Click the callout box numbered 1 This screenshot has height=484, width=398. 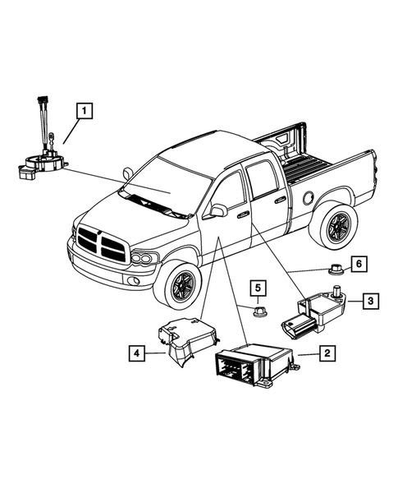(83, 108)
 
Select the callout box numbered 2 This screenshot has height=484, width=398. (327, 353)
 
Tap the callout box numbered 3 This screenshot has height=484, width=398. (371, 302)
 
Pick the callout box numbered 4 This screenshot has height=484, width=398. (138, 354)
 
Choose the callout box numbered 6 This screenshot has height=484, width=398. (358, 264)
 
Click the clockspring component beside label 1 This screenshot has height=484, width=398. (37, 160)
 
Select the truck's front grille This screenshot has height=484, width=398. (98, 244)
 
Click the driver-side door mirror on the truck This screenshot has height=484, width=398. (218, 211)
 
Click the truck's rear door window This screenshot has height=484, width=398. (264, 180)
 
